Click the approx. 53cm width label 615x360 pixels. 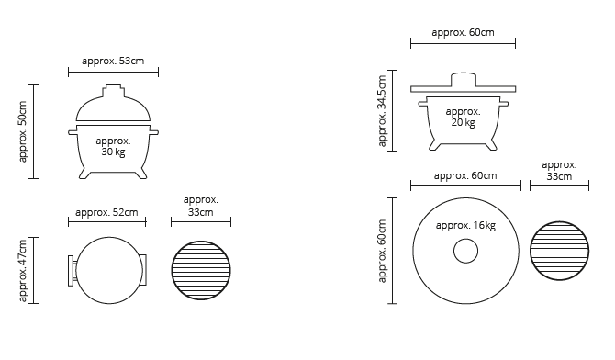pyautogui.click(x=113, y=62)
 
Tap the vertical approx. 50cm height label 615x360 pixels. pyautogui.click(x=23, y=131)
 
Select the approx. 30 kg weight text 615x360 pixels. pyautogui.click(x=113, y=146)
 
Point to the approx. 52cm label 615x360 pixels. pyautogui.click(x=106, y=213)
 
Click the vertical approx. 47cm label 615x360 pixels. pyautogui.click(x=23, y=271)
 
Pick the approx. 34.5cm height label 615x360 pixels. pyautogui.click(x=382, y=111)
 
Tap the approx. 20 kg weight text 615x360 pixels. pyautogui.click(x=464, y=117)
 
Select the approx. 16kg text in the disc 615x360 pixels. pyautogui.click(x=465, y=226)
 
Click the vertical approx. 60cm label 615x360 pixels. pyautogui.click(x=382, y=251)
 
